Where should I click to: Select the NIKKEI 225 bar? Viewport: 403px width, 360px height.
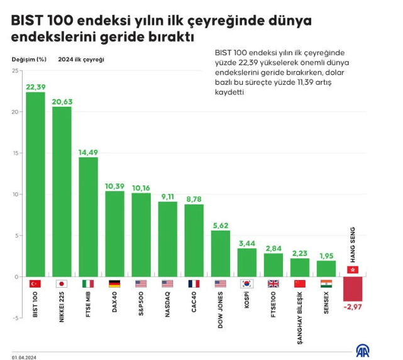click(x=62, y=192)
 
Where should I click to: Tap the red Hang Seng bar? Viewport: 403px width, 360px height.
click(x=352, y=288)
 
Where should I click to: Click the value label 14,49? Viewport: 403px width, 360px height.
click(x=88, y=151)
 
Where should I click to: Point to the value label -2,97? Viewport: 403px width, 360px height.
click(x=352, y=306)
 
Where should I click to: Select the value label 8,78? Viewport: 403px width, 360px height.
click(x=194, y=199)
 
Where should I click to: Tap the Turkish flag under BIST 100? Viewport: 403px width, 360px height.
click(x=35, y=283)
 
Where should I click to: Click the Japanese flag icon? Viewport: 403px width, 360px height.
click(x=62, y=283)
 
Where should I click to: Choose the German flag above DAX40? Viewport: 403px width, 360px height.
click(x=114, y=283)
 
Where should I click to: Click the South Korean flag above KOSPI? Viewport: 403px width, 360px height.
click(x=246, y=283)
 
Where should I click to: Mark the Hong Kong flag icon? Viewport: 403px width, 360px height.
click(x=352, y=270)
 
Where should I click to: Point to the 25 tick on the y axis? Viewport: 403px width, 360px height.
click(x=15, y=70)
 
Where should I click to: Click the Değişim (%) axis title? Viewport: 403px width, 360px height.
click(x=29, y=59)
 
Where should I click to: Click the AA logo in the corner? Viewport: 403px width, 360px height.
click(x=363, y=349)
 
